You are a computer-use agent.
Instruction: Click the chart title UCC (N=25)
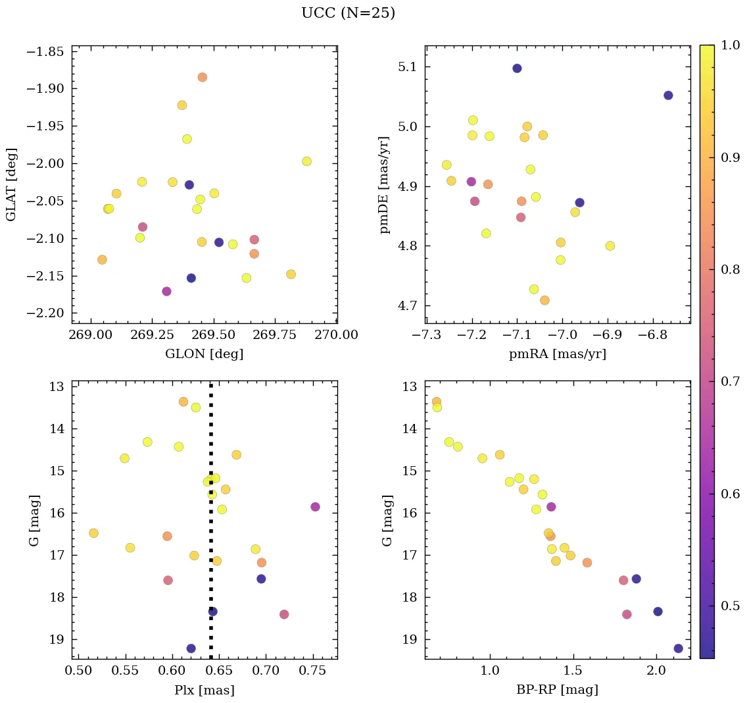[x=348, y=13]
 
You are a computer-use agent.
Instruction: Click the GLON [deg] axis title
[x=204, y=354]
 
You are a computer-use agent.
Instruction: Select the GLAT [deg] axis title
[x=11, y=184]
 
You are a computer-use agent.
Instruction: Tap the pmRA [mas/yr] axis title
[x=558, y=354]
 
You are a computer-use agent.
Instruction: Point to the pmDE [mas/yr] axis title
[x=385, y=184]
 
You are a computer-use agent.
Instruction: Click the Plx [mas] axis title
[x=204, y=690]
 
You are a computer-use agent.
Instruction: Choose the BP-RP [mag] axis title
[x=558, y=690]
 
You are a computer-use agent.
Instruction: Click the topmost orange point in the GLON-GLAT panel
[x=203, y=77]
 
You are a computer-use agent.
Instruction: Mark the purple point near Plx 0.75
[x=315, y=507]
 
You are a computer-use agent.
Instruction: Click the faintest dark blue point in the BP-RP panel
[x=678, y=648]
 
